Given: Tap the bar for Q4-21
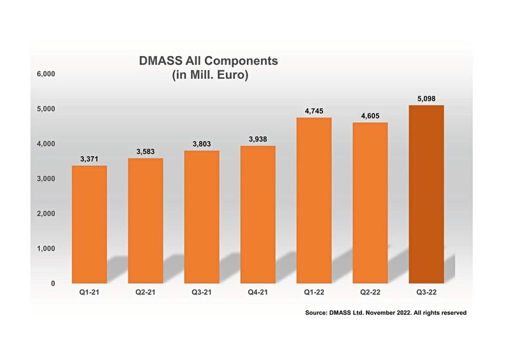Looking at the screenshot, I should (258, 214).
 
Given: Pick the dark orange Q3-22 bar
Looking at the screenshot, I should (426, 194).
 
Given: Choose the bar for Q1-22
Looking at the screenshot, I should (314, 200).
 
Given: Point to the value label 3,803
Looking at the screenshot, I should (202, 143).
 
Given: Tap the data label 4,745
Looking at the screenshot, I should (314, 111).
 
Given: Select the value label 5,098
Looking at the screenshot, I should (426, 98).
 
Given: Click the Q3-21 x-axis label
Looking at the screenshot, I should (202, 294).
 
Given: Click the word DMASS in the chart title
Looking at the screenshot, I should (160, 62).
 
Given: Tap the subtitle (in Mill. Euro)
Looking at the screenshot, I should (209, 75).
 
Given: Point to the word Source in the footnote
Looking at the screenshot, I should (319, 313).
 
